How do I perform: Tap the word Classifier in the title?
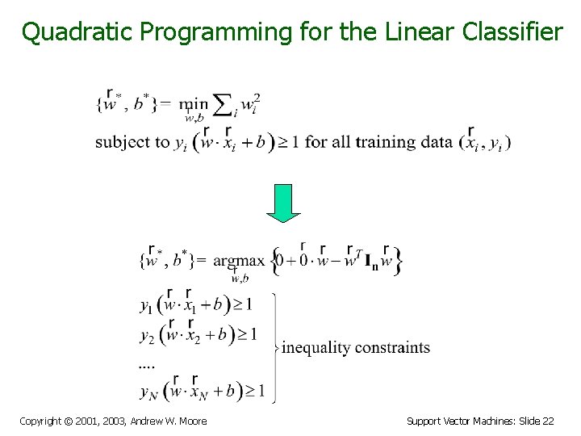pos(513,31)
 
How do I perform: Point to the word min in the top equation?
pos(194,104)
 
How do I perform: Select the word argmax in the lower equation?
pos(239,261)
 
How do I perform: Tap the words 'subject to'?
pos(132,143)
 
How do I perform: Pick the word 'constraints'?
pos(392,348)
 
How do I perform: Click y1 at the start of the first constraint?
pos(146,306)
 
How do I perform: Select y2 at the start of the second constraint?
pos(146,335)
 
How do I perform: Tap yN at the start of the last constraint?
pos(148,393)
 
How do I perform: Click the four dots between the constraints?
pos(147,365)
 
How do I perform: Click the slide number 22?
pos(547,421)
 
